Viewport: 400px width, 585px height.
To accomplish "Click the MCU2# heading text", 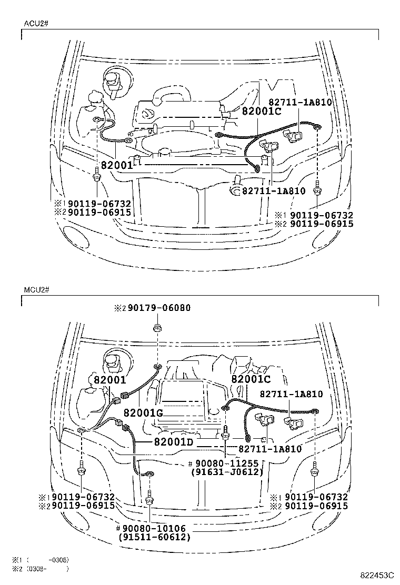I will tap(36, 290).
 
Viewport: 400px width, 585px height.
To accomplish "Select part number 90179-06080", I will tap(152, 308).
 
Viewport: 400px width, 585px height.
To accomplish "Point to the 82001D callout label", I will tap(174, 441).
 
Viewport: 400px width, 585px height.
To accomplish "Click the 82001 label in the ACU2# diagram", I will tap(117, 165).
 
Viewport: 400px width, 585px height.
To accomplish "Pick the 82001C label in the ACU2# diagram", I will tap(262, 111).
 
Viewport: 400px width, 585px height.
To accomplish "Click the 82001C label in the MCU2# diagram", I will tap(251, 379).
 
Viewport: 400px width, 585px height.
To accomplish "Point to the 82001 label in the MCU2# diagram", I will tap(111, 379).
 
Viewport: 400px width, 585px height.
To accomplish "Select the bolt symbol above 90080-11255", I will tap(225, 433).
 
